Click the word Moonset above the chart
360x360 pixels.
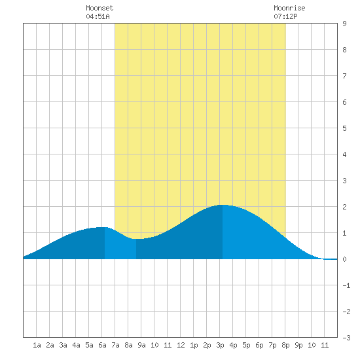point(99,8)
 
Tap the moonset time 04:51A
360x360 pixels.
point(98,16)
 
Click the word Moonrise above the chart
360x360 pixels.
point(289,8)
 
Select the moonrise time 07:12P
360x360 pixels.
point(285,16)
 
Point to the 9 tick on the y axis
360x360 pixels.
point(344,24)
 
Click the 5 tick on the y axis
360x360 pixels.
point(344,128)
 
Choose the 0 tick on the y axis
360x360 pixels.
point(344,259)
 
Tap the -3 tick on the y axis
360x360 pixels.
point(346,338)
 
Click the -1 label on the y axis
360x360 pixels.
point(346,285)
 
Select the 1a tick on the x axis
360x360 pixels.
point(37,345)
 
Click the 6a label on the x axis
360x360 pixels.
point(102,345)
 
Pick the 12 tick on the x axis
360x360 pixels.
point(181,345)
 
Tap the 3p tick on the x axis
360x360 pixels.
point(220,345)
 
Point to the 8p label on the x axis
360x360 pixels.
point(285,345)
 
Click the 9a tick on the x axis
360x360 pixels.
point(141,345)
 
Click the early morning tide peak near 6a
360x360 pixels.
point(104,227)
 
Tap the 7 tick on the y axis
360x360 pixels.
point(344,76)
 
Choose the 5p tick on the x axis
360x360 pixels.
point(246,345)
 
